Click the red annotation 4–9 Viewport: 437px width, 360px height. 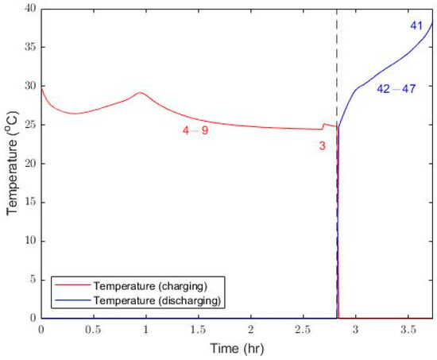click(x=195, y=130)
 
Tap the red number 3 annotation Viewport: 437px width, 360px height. click(x=321, y=145)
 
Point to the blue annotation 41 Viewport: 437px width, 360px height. click(x=416, y=26)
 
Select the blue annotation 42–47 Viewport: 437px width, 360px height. click(x=396, y=89)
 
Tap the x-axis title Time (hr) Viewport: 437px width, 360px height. click(x=237, y=349)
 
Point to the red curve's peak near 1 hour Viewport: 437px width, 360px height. click(x=141, y=93)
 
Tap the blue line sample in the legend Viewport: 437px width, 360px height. click(x=70, y=300)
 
